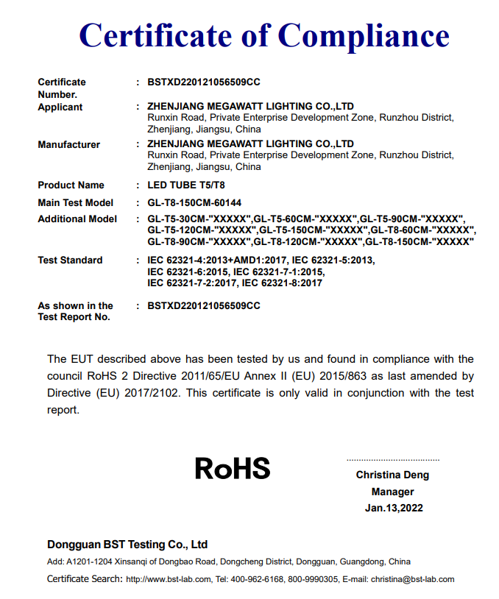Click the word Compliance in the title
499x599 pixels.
(x=364, y=35)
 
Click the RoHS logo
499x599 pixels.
(x=233, y=468)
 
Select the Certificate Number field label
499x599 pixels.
(x=62, y=88)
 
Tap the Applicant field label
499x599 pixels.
(x=60, y=107)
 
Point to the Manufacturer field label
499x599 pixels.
(x=69, y=145)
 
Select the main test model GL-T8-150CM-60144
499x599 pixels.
(x=195, y=202)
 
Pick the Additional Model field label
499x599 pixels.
(x=77, y=219)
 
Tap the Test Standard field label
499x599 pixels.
(x=71, y=260)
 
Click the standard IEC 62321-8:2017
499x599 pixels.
(x=282, y=283)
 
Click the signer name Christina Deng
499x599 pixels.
(x=392, y=475)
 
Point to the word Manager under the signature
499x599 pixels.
(x=392, y=492)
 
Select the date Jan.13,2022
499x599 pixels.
(x=394, y=508)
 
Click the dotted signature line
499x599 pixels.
(x=392, y=459)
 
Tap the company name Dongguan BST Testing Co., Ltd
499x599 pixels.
(x=127, y=545)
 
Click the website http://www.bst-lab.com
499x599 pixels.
(x=163, y=580)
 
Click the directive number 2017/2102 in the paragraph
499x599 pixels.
(x=152, y=393)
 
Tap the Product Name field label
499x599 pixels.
(x=71, y=185)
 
